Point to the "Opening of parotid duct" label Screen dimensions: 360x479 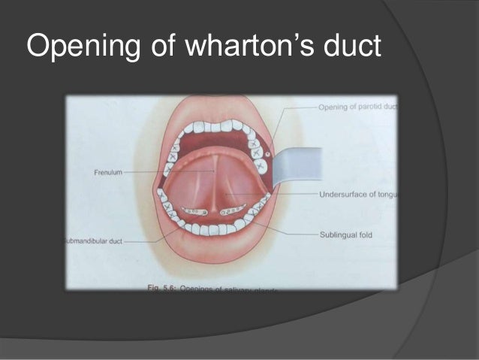357,107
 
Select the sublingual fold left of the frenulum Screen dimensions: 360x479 193,211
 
